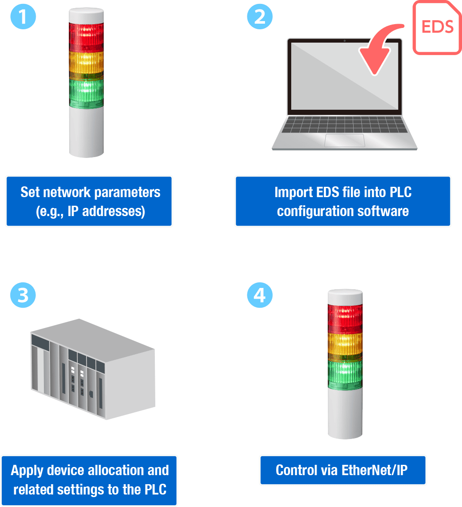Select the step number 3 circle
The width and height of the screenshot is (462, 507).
(x=23, y=295)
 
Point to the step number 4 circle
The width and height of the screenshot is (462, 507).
(x=259, y=295)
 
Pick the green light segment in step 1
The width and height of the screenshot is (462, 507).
(x=86, y=93)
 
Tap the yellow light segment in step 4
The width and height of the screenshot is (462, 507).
(x=345, y=345)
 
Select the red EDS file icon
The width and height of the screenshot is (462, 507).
(x=437, y=28)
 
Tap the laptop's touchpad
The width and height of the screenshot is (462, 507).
(x=345, y=140)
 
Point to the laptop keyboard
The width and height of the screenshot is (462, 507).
(x=344, y=125)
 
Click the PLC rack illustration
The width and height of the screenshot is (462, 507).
(x=92, y=369)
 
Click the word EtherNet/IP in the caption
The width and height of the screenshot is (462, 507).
(x=374, y=470)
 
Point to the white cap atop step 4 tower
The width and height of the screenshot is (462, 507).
(x=345, y=297)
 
